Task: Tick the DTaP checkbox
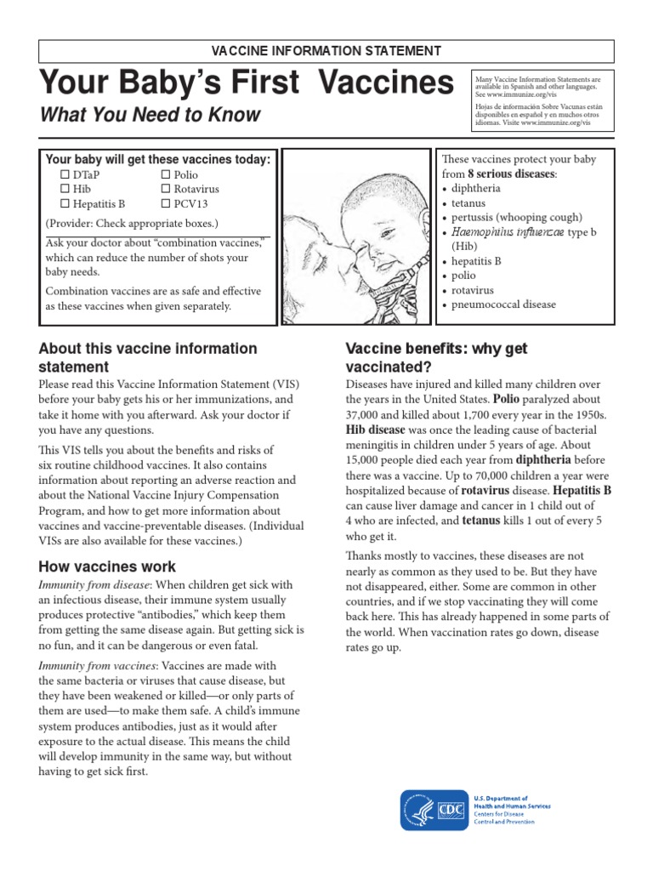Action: tap(65, 174)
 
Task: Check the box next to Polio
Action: tap(166, 174)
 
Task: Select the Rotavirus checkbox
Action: tap(166, 189)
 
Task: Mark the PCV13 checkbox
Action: tap(166, 204)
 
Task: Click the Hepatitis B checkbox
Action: tap(65, 204)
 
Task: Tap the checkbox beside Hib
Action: tap(65, 189)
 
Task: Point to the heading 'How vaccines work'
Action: tap(107, 566)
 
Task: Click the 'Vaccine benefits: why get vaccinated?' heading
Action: tap(436, 358)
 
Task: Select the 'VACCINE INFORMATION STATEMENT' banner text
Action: tap(326, 52)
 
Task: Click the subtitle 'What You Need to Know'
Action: tap(150, 115)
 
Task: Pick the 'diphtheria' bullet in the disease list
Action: tap(476, 189)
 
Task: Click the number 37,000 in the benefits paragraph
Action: tap(366, 414)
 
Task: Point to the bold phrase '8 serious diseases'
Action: tap(511, 174)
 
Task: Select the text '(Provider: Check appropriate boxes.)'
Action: tap(132, 225)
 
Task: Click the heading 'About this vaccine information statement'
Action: tap(148, 357)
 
